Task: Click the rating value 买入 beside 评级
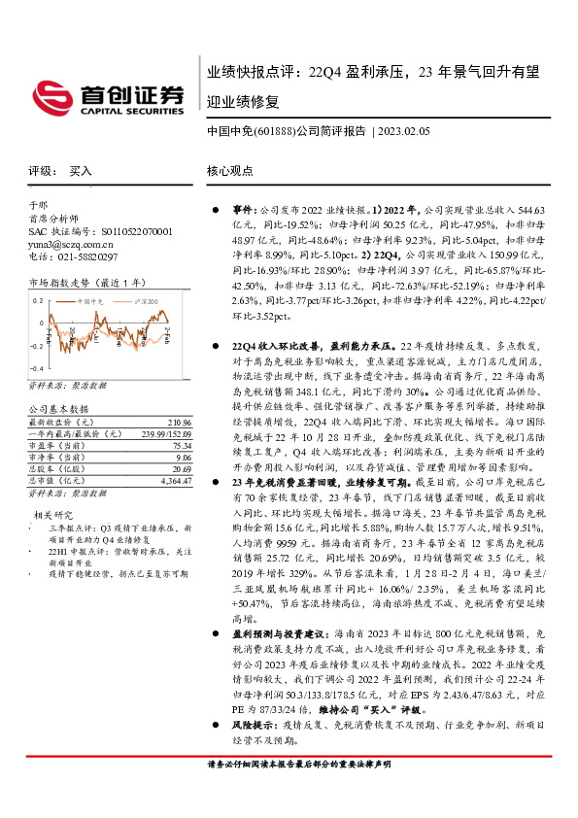(81, 170)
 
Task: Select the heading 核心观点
(229, 170)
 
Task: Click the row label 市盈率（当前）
(55, 446)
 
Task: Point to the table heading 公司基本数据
(57, 411)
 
